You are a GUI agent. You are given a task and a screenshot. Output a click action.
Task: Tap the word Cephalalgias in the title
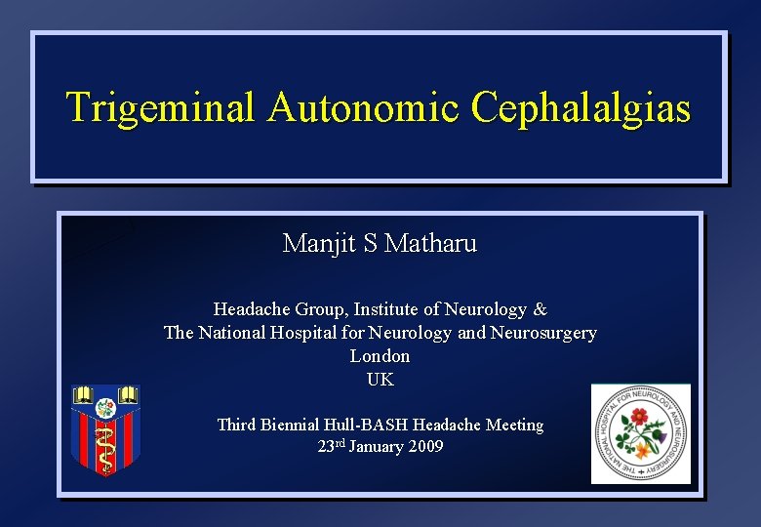pyautogui.click(x=581, y=107)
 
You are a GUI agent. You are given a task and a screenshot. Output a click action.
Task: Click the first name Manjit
pyautogui.click(x=319, y=243)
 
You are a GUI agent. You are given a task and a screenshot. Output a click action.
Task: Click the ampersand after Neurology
pyautogui.click(x=540, y=309)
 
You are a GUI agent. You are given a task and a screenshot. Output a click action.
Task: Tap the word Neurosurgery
pyautogui.click(x=541, y=333)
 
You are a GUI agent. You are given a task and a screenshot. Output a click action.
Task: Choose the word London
pyautogui.click(x=380, y=356)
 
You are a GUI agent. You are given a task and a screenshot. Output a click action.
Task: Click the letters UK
pyautogui.click(x=380, y=380)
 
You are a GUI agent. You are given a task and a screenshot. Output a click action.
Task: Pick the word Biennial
pyautogui.click(x=300, y=425)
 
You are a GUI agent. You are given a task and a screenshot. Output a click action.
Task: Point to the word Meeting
pyautogui.click(x=512, y=425)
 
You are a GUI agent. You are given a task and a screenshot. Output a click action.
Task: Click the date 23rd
pyautogui.click(x=332, y=447)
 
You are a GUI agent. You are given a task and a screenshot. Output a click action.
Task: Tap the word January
pyautogui.click(x=375, y=447)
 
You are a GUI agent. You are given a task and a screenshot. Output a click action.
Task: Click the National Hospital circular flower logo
pyautogui.click(x=641, y=433)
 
